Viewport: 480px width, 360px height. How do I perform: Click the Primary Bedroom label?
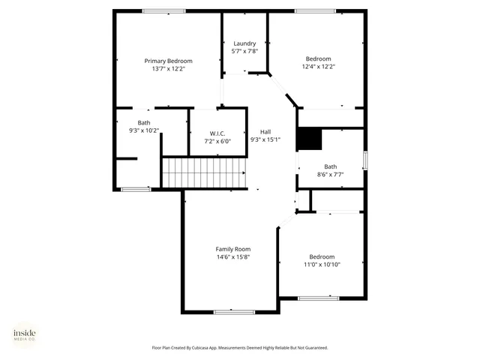[168, 61]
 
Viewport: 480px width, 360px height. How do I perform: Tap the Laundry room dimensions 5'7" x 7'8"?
[244, 51]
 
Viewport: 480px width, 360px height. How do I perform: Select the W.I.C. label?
[217, 133]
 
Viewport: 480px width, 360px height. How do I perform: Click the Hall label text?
[265, 130]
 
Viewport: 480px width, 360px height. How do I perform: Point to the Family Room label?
[232, 249]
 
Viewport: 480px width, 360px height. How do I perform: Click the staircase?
[204, 172]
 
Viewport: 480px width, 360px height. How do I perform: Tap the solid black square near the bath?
[309, 139]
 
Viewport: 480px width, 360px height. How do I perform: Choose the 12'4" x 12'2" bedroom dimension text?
[318, 66]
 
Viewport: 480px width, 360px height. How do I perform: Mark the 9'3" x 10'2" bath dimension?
[143, 130]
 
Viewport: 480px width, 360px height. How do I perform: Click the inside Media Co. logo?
[24, 334]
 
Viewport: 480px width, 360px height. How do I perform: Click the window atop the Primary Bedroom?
[164, 10]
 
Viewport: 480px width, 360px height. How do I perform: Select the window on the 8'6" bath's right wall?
[365, 160]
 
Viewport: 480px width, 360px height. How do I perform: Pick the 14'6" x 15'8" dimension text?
[232, 256]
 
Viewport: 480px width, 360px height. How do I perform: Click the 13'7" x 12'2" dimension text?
[168, 68]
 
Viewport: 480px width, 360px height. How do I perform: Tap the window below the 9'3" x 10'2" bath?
[136, 189]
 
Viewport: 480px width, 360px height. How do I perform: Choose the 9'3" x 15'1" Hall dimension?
[265, 138]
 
